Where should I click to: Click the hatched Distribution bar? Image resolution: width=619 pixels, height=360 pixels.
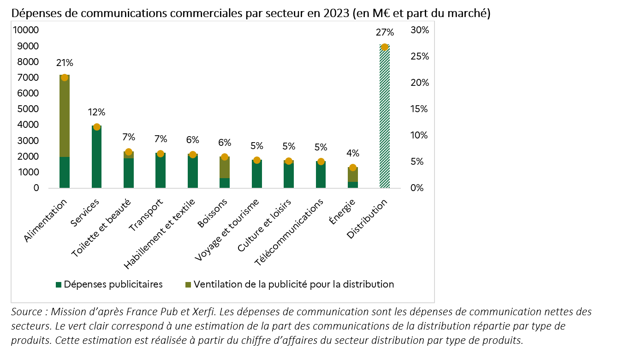[384, 120]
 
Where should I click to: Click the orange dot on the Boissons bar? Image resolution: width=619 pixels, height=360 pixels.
[225, 157]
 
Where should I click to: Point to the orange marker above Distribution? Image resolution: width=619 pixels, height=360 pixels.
[385, 47]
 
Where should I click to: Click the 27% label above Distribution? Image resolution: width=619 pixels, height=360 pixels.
[385, 32]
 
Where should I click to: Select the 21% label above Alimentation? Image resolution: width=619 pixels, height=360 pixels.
[65, 63]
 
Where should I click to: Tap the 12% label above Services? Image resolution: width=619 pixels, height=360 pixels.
[96, 112]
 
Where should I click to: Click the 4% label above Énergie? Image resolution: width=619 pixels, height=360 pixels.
[353, 153]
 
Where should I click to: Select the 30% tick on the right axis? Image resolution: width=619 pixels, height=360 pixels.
[419, 30]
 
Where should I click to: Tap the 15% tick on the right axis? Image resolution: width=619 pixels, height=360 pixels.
[419, 109]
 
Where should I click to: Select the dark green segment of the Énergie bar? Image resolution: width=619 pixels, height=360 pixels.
[353, 185]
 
